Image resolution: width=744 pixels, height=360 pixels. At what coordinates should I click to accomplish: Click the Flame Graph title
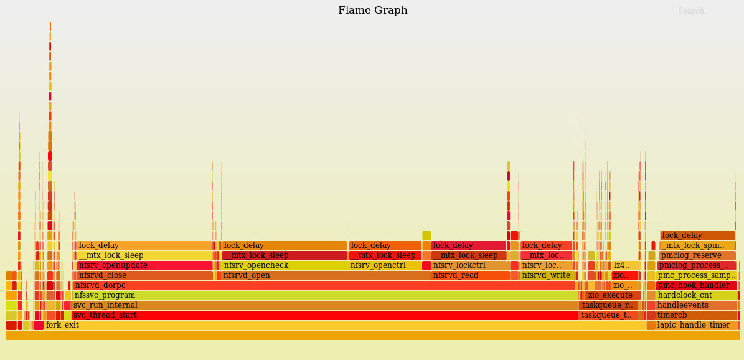[372, 11]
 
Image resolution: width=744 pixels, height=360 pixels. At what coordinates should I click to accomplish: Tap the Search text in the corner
[690, 11]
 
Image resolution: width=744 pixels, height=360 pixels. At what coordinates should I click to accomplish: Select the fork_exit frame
[342, 325]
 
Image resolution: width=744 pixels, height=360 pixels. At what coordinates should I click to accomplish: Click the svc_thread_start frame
[324, 315]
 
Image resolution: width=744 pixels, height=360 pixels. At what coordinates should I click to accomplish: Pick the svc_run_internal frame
[324, 305]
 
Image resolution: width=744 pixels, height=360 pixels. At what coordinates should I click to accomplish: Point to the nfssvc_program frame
[324, 295]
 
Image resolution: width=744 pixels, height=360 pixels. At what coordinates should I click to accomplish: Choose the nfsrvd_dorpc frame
[324, 285]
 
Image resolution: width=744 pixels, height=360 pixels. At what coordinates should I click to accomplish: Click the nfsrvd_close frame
[144, 275]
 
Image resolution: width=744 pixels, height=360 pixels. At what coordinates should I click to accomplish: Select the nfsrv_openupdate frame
[144, 265]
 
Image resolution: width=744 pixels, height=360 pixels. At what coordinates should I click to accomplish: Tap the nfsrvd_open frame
[326, 275]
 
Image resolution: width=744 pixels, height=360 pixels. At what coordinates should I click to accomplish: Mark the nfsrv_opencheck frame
[284, 265]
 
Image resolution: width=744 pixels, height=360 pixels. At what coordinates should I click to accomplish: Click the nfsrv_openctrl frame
[385, 265]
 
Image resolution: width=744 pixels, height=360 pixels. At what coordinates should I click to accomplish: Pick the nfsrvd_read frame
[471, 275]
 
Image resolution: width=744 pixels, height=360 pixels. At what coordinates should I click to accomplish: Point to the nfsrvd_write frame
[547, 275]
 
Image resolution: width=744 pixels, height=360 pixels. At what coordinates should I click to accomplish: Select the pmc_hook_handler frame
[696, 285]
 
